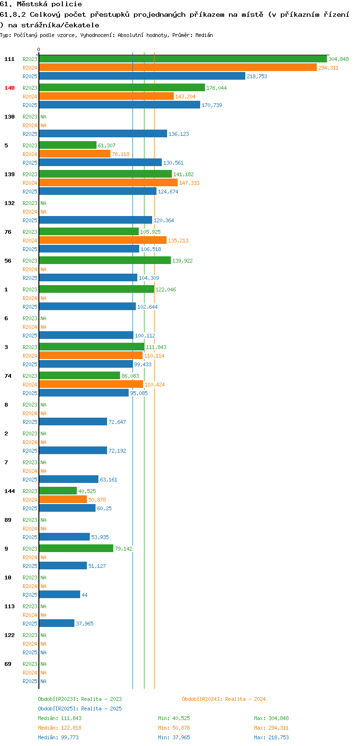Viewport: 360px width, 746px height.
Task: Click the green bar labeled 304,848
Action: click(x=183, y=59)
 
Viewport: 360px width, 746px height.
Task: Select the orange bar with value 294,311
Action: click(x=178, y=68)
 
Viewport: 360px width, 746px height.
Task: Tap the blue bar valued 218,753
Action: click(x=142, y=76)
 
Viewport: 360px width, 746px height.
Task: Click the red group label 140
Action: click(x=9, y=88)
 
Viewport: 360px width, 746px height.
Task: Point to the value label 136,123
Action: click(x=179, y=134)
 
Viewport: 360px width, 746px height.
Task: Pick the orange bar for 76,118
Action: click(x=74, y=154)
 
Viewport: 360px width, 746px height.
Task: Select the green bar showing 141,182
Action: click(x=106, y=174)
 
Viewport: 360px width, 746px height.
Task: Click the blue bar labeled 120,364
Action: click(x=96, y=220)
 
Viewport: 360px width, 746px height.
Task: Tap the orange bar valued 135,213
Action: click(x=103, y=240)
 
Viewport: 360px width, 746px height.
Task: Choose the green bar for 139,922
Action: click(x=105, y=261)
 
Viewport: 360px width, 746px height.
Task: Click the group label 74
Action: click(x=8, y=376)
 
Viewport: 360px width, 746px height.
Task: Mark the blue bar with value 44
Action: click(x=60, y=594)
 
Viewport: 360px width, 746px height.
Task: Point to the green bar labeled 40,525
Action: click(x=58, y=491)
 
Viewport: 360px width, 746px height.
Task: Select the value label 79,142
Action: click(x=123, y=549)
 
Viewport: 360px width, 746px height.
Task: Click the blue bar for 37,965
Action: click(x=57, y=623)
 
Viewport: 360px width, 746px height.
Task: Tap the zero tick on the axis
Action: click(x=38, y=49)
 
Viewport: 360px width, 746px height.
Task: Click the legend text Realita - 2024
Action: click(x=245, y=699)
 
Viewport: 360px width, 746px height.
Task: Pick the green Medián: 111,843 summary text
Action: click(x=60, y=718)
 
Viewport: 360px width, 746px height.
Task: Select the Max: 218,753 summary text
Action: click(x=271, y=737)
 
